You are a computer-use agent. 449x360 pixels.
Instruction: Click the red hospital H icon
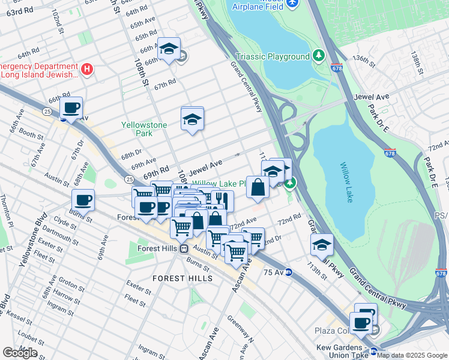[x=87, y=70]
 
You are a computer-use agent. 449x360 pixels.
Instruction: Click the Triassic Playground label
[x=273, y=57]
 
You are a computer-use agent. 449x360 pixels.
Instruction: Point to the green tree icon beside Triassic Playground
[x=318, y=56]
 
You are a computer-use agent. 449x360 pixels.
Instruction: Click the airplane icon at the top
[x=292, y=4]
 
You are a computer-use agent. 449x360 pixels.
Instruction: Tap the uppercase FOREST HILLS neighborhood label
[x=182, y=278]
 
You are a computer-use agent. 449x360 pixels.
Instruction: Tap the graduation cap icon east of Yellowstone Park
[x=193, y=120]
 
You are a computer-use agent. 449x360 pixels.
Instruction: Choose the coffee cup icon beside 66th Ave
[x=71, y=108]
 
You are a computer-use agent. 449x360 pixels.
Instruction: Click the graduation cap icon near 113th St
[x=322, y=245]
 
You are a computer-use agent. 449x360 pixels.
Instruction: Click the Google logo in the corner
[x=20, y=353]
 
